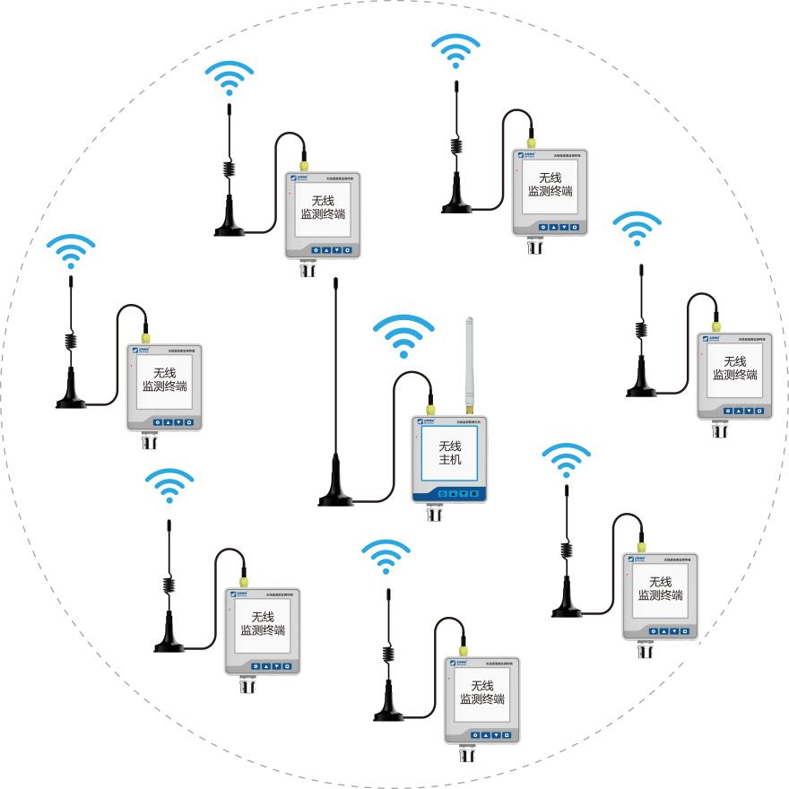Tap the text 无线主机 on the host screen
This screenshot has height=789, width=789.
click(x=449, y=453)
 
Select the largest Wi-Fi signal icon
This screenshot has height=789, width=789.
click(x=403, y=336)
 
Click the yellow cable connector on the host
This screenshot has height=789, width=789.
click(x=431, y=396)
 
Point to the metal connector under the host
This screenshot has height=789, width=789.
click(x=435, y=514)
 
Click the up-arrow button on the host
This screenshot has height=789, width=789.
click(x=453, y=493)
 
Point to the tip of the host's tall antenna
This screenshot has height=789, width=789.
click(x=335, y=282)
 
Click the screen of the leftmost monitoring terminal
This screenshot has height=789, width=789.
click(x=165, y=380)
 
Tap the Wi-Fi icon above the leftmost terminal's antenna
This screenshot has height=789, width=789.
click(x=71, y=250)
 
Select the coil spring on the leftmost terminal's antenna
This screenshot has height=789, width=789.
click(x=71, y=342)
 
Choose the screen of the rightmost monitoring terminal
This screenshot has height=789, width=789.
click(x=734, y=368)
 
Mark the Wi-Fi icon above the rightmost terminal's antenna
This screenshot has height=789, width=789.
click(x=637, y=229)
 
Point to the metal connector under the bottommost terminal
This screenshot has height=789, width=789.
click(x=466, y=754)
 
